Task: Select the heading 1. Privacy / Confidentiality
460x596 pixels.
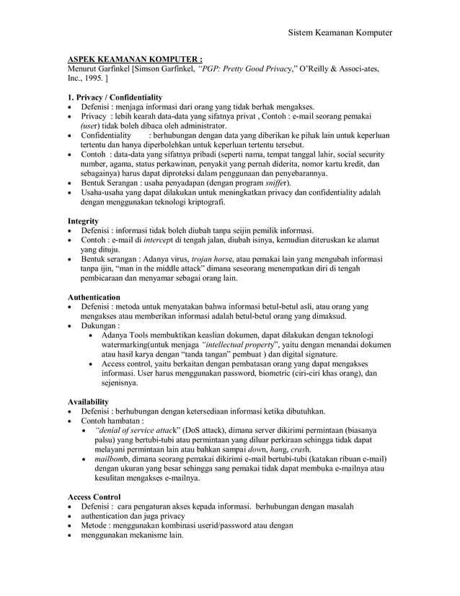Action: click(x=115, y=97)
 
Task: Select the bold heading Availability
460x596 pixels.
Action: click(x=88, y=400)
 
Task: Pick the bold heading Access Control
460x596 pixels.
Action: click(x=94, y=496)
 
